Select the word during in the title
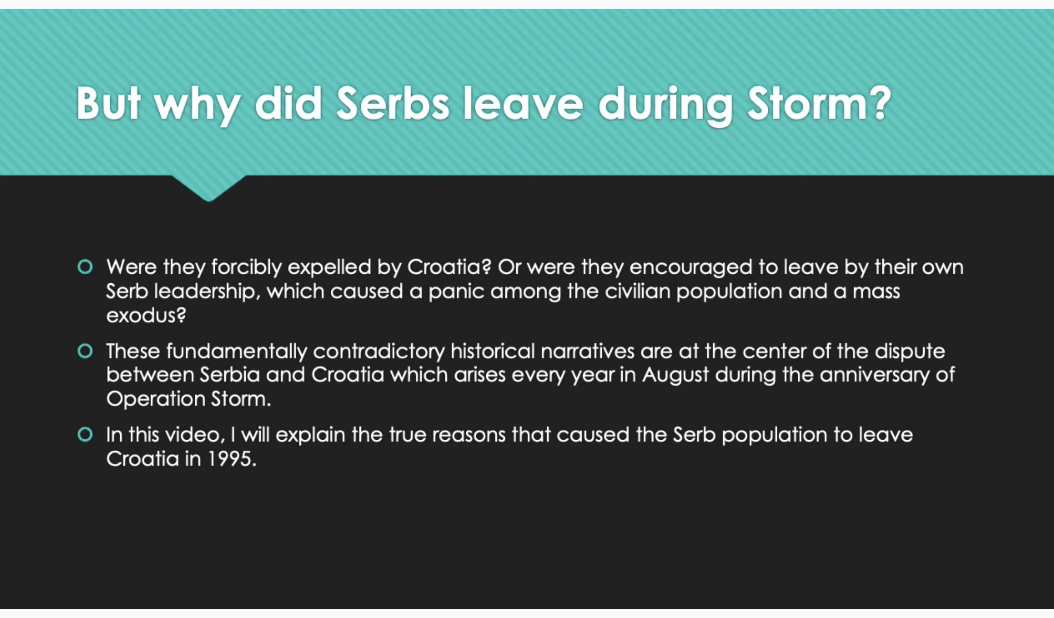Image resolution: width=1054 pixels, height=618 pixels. tap(665, 106)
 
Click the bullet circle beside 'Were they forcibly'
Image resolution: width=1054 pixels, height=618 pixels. tap(85, 267)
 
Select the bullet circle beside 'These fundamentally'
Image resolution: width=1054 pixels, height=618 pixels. tap(85, 351)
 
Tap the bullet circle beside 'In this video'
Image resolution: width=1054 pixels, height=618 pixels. tap(85, 435)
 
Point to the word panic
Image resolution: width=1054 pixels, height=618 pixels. tap(456, 292)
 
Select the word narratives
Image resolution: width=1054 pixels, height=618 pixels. tap(587, 351)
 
